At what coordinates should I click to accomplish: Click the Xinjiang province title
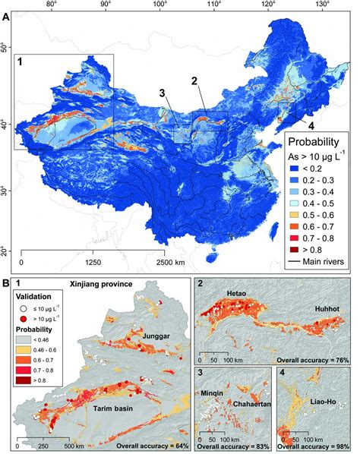100,285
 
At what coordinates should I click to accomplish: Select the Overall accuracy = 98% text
317,448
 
